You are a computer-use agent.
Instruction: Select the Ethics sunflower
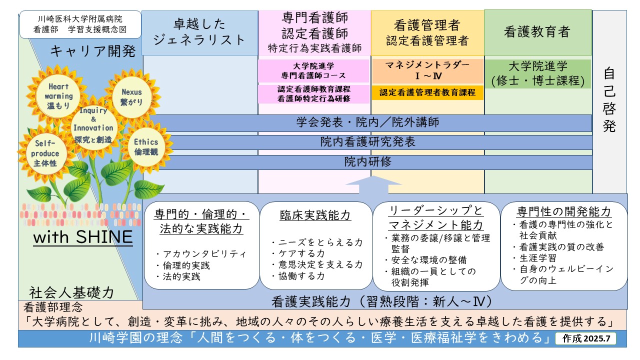click(x=145, y=147)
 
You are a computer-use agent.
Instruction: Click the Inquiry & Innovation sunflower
click(x=93, y=125)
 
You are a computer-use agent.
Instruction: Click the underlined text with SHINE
click(x=83, y=237)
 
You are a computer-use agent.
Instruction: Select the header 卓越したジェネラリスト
click(x=200, y=32)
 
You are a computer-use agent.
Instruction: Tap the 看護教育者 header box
click(x=537, y=32)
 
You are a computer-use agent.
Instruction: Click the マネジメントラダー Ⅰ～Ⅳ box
click(x=427, y=71)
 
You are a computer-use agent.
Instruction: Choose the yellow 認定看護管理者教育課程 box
click(x=427, y=92)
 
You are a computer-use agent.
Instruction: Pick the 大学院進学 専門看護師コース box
click(x=313, y=71)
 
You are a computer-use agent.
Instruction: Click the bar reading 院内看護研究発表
click(x=367, y=142)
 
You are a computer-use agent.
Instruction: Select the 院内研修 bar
click(x=367, y=162)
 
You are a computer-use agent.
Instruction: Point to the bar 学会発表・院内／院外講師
click(x=367, y=122)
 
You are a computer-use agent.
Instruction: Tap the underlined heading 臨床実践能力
click(x=315, y=215)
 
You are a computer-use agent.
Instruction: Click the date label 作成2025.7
click(x=586, y=338)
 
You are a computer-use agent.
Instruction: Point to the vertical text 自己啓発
click(x=609, y=100)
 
